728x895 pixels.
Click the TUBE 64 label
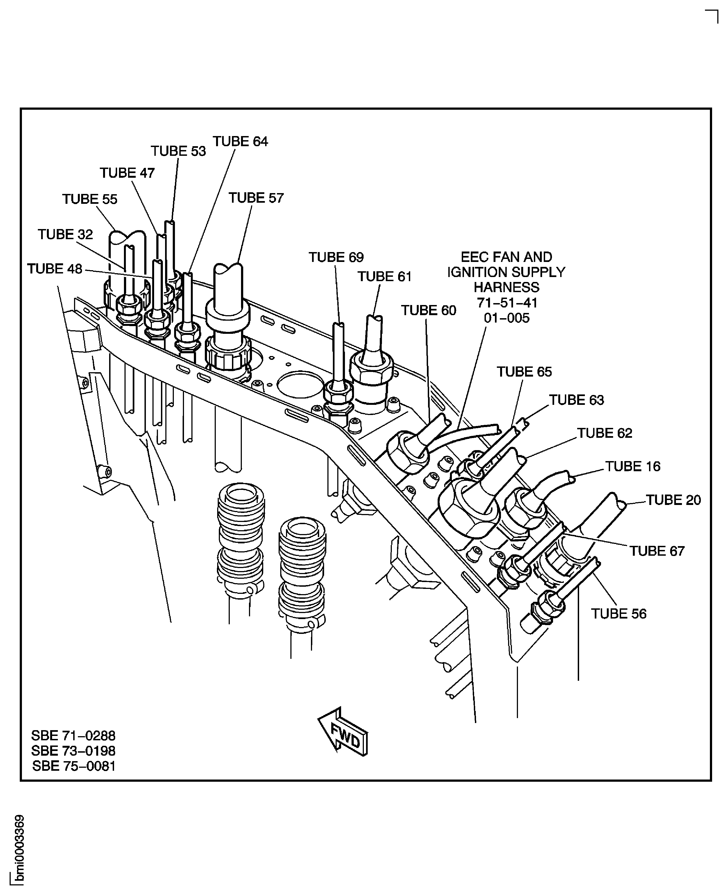[240, 141]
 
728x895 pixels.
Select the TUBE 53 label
[178, 151]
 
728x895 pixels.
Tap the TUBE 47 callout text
[127, 173]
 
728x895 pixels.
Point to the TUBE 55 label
[90, 199]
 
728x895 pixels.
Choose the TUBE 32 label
[66, 234]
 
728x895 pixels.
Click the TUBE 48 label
[55, 269]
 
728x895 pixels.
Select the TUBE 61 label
[384, 276]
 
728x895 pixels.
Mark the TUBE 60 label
[429, 310]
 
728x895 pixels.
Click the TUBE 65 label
[524, 372]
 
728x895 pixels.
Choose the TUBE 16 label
[633, 466]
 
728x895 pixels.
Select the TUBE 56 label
[619, 614]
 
